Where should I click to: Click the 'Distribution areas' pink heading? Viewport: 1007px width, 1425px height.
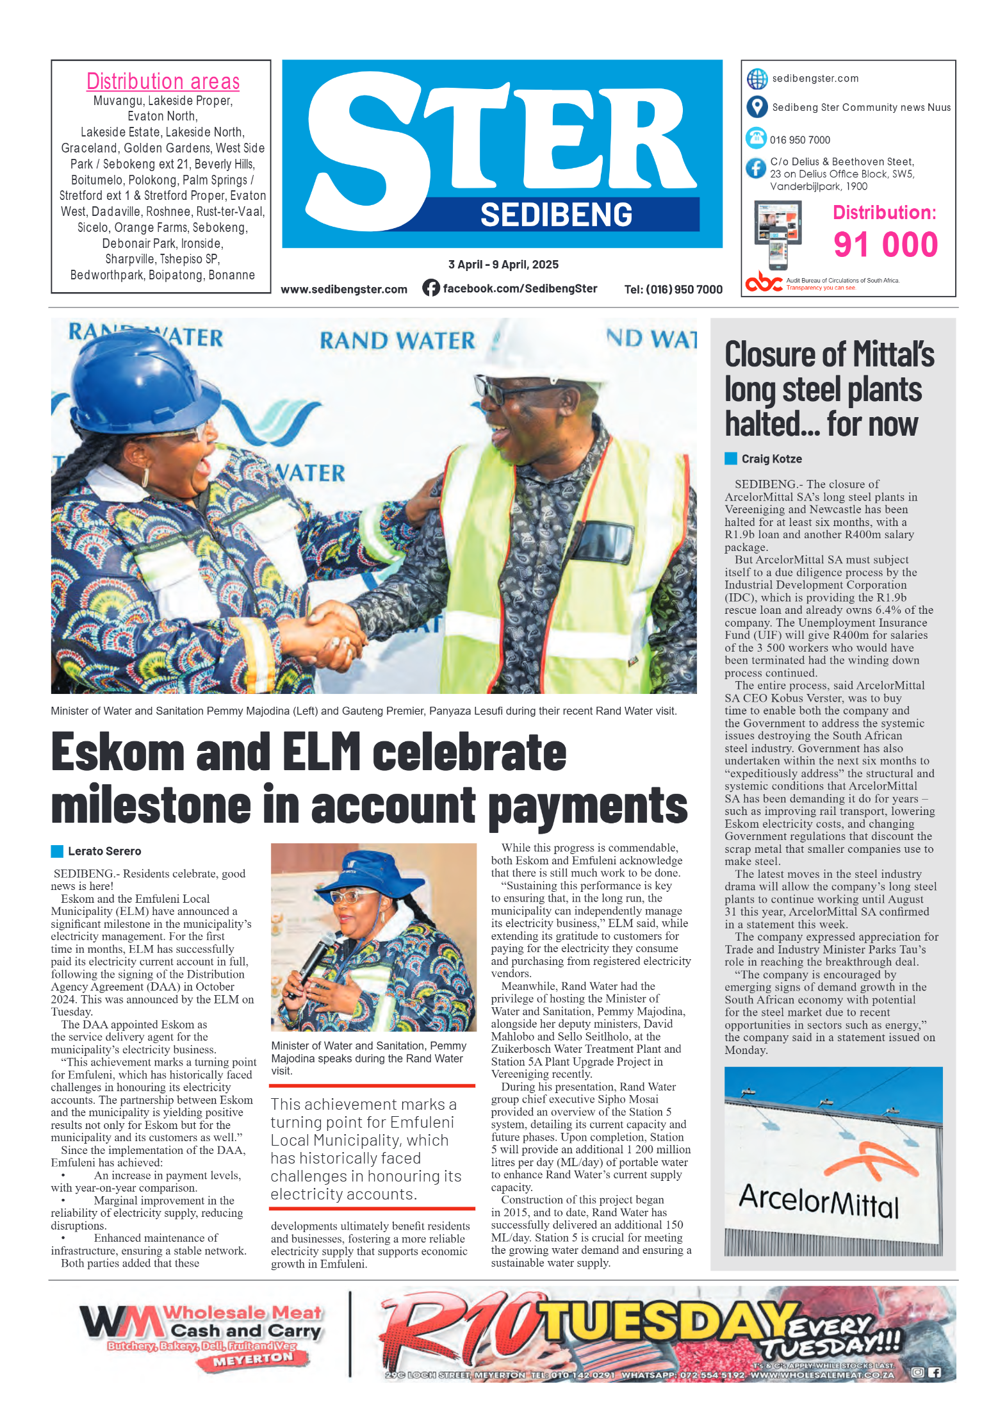pyautogui.click(x=163, y=81)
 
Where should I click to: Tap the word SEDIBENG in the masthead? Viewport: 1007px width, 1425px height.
pyautogui.click(x=556, y=215)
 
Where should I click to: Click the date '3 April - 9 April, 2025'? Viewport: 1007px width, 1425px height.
pyautogui.click(x=503, y=265)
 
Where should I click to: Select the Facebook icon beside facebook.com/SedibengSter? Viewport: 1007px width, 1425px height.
pyautogui.click(x=431, y=288)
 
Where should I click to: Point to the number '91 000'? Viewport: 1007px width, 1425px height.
pyautogui.click(x=885, y=245)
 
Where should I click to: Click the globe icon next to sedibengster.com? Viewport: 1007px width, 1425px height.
pyautogui.click(x=757, y=79)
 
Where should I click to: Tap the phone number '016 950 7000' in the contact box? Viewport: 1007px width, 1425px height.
pyautogui.click(x=799, y=140)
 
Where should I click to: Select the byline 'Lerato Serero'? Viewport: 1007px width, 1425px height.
pyautogui.click(x=104, y=851)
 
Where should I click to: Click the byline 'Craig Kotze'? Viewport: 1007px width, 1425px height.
pyautogui.click(x=771, y=459)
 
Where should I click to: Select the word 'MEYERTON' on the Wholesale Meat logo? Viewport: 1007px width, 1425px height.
pyautogui.click(x=253, y=1358)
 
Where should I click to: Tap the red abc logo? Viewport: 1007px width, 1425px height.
pyautogui.click(x=764, y=282)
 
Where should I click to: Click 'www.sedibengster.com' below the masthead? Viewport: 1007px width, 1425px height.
pyautogui.click(x=344, y=289)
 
